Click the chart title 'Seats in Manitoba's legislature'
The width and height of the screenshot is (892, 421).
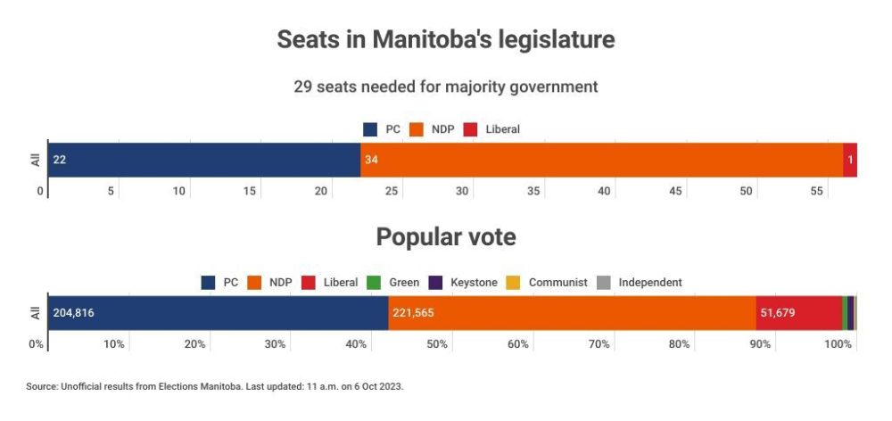[x=445, y=40]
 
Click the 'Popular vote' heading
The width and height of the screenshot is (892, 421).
[x=445, y=237]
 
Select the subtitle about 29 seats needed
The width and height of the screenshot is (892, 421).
[x=445, y=87]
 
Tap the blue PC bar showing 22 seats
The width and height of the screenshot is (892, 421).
[x=203, y=160]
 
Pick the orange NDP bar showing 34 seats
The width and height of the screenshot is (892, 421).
[x=601, y=160]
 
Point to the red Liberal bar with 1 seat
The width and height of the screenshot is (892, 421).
[x=850, y=160]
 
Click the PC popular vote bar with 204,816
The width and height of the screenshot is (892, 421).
[x=218, y=313]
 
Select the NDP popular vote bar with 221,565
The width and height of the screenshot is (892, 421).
[x=572, y=313]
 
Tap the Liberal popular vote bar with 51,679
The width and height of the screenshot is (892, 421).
[x=798, y=313]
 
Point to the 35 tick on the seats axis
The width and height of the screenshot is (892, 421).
[x=533, y=192]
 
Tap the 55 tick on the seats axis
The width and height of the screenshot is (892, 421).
[x=817, y=192]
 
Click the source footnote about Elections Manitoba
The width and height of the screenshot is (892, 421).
[x=215, y=386]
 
